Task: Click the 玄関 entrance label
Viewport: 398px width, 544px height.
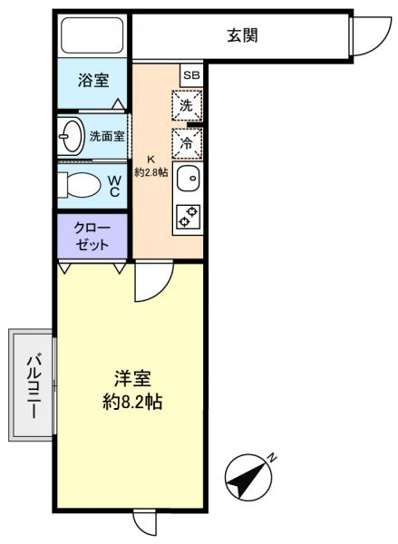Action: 243,36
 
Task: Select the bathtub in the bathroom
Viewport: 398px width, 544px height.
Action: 92,35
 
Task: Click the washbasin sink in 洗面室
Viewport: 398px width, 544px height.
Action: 71,138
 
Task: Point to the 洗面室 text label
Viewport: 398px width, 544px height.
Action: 107,138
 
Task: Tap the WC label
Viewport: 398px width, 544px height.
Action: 116,185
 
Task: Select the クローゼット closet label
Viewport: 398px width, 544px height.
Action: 92,236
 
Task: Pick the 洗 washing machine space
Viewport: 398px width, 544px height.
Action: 186,105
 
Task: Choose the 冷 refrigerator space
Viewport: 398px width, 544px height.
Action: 186,142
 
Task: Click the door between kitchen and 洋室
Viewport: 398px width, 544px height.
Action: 150,283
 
